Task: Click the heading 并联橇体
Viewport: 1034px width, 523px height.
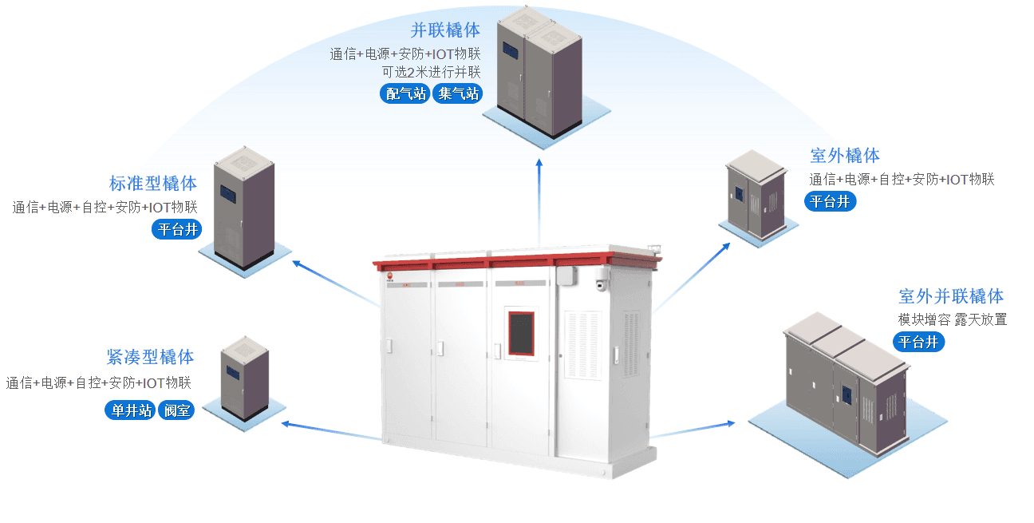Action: tap(445, 30)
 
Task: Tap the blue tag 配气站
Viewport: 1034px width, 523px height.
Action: tap(405, 93)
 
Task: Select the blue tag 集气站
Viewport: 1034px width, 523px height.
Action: tap(457, 93)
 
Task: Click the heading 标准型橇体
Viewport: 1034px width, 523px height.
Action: tap(153, 184)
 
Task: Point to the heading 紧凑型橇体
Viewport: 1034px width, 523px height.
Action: tap(150, 357)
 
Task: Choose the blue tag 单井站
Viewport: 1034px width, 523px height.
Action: tap(130, 410)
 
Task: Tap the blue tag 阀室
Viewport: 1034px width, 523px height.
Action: tap(176, 410)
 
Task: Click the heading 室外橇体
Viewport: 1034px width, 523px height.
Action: tap(845, 156)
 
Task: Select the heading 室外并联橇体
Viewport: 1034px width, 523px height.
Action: tap(951, 296)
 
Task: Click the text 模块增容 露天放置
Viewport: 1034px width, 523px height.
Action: tap(953, 319)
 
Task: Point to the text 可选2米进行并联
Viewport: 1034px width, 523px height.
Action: tap(431, 72)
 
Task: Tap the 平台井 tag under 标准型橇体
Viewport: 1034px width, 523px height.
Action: tap(177, 229)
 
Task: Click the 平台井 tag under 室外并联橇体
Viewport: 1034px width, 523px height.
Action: tap(918, 342)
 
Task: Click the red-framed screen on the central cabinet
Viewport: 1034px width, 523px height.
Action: tap(521, 333)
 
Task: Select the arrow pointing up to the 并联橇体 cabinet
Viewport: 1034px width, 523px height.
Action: tap(539, 203)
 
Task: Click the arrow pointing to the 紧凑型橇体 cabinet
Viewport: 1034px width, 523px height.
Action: tap(331, 430)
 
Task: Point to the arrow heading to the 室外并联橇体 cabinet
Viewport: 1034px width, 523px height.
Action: tap(693, 430)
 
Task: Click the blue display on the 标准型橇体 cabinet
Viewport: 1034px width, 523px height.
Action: tap(228, 193)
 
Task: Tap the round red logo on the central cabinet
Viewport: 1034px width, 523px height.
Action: tap(390, 276)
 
